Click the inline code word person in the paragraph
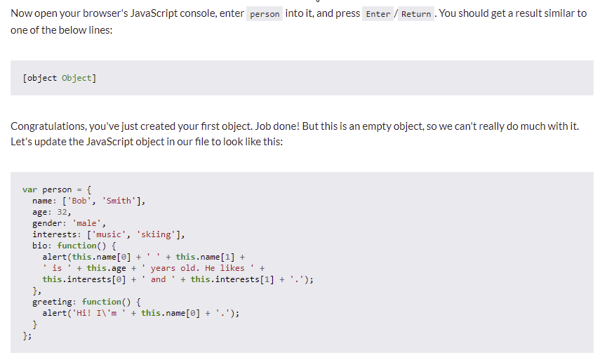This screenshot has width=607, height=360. pyautogui.click(x=265, y=14)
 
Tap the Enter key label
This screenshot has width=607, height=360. pyautogui.click(x=378, y=14)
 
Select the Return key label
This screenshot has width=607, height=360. pyautogui.click(x=415, y=14)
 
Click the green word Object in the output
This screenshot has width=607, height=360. pyautogui.click(x=76, y=78)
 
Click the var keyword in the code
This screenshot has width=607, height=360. pyautogui.click(x=29, y=189)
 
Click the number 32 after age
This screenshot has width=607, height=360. pyautogui.click(x=62, y=212)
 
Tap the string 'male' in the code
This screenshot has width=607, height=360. pyautogui.click(x=87, y=223)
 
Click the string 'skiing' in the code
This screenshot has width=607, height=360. pyautogui.click(x=156, y=234)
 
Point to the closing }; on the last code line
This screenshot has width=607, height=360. pyautogui.click(x=27, y=336)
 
